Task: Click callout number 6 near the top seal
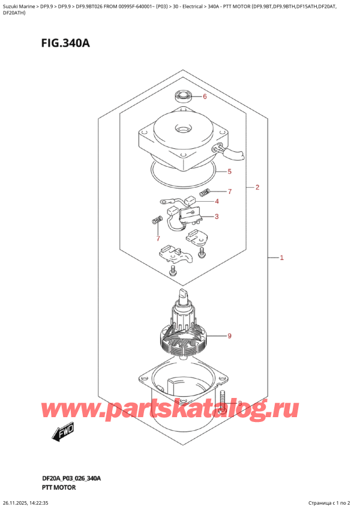click(x=204, y=97)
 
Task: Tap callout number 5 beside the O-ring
click(x=229, y=172)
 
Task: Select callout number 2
click(x=256, y=187)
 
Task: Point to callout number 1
click(x=281, y=258)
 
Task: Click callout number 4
click(x=217, y=201)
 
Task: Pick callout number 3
click(x=217, y=217)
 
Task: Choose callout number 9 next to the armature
click(x=229, y=336)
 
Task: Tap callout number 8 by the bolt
click(x=240, y=403)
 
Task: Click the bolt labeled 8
click(x=223, y=402)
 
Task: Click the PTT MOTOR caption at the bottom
click(x=55, y=489)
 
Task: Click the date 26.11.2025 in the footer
click(x=22, y=503)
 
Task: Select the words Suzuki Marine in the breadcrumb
click(x=20, y=5)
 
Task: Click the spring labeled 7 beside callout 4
click(x=204, y=192)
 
